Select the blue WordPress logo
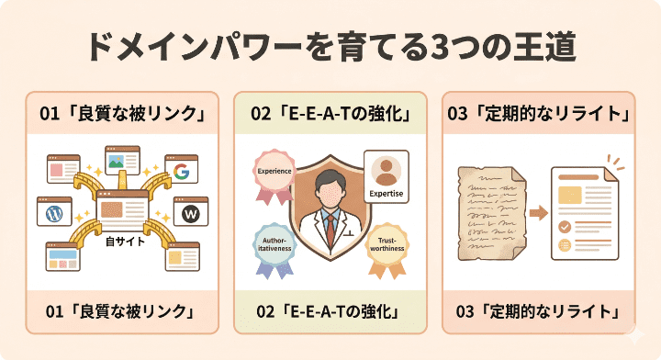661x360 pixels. coord(53,213)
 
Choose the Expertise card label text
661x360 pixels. coord(386,195)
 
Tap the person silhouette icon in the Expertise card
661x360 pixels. coord(386,172)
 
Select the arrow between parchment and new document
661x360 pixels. coord(539,213)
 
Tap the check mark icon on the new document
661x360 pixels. coord(565,226)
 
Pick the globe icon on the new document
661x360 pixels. coord(565,244)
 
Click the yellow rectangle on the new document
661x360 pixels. coord(569,195)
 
